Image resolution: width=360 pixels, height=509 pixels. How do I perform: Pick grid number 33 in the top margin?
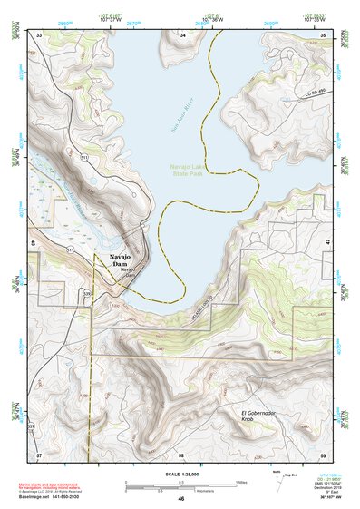(x=39, y=34)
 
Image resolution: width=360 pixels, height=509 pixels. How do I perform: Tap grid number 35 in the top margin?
(x=325, y=34)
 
